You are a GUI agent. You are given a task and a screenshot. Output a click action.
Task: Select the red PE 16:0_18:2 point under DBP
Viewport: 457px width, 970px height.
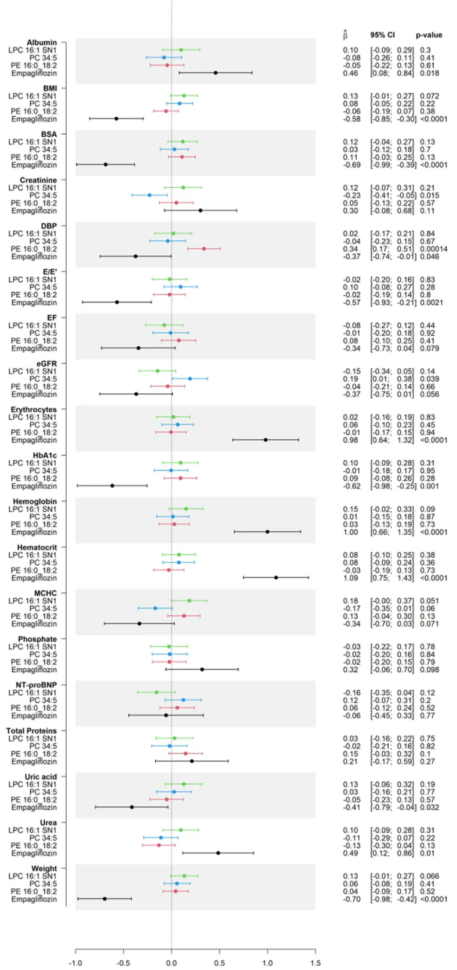click(x=204, y=249)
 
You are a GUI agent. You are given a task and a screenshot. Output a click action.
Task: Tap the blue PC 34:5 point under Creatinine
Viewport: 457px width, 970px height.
click(x=149, y=195)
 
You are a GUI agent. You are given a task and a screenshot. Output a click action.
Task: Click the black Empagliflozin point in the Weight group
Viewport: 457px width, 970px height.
click(x=105, y=899)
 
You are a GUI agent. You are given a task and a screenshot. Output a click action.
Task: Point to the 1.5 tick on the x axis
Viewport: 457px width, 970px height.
click(x=315, y=962)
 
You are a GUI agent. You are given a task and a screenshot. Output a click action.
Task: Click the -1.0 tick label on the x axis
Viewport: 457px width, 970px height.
click(x=76, y=962)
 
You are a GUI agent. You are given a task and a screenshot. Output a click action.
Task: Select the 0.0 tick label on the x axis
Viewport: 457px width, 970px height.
click(x=172, y=962)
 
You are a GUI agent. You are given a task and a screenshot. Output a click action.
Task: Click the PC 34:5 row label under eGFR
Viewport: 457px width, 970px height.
click(x=53, y=378)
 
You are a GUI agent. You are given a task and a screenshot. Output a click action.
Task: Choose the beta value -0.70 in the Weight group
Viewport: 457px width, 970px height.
click(x=350, y=899)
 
